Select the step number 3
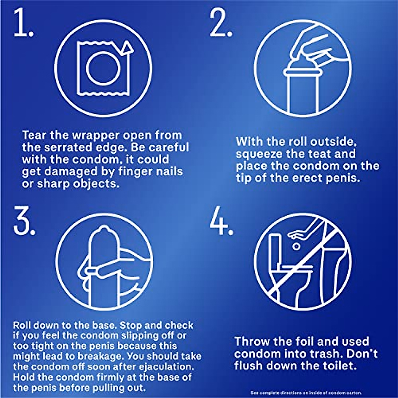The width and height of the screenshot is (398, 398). (24, 220)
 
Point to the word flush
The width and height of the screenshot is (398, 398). (249, 366)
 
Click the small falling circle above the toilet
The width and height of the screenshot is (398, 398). (296, 246)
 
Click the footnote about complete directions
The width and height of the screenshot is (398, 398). (305, 393)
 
